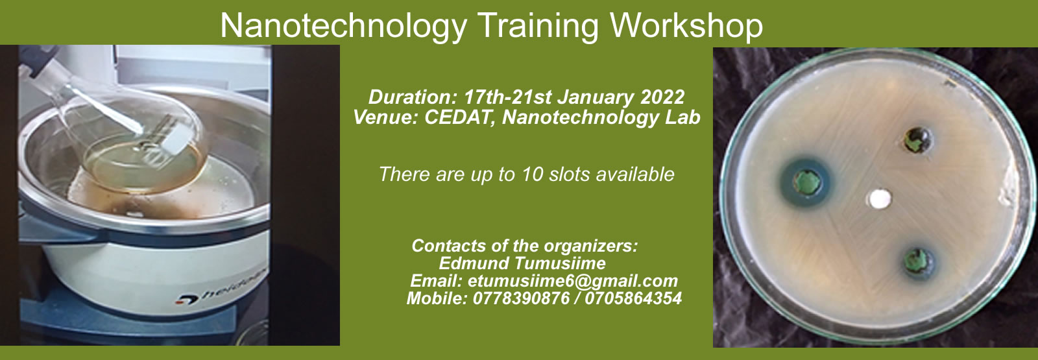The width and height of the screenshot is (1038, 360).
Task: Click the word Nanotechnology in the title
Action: (x=344, y=26)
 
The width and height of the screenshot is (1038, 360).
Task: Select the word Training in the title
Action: (x=538, y=26)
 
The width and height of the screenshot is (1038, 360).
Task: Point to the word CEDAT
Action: (x=457, y=117)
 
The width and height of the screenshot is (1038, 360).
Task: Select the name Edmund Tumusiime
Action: (x=522, y=263)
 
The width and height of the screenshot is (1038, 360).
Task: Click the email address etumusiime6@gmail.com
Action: (x=573, y=281)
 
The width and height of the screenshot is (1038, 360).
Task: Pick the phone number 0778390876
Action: (x=521, y=298)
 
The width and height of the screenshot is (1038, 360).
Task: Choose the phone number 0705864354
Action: (x=633, y=298)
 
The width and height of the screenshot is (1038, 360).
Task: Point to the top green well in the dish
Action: (x=917, y=141)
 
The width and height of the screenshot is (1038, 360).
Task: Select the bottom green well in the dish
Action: (x=918, y=262)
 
